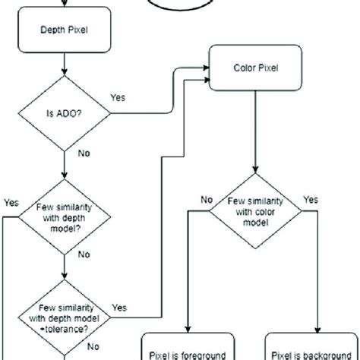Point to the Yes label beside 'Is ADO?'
[118, 98]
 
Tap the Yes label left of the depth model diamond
[11, 203]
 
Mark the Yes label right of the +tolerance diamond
[119, 308]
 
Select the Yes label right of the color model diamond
[311, 200]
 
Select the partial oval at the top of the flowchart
[180, 5]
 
